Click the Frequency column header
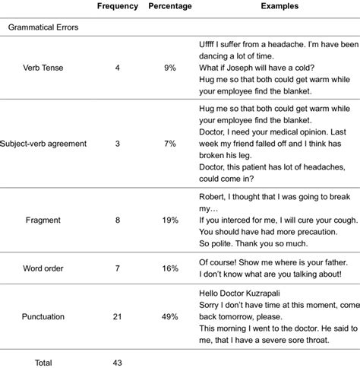click(118, 6)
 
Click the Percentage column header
click(170, 6)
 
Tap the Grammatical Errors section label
click(43, 27)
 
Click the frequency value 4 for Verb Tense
click(118, 67)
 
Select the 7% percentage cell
click(170, 143)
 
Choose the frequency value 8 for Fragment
click(118, 220)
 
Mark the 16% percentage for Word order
click(170, 268)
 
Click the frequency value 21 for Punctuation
click(118, 316)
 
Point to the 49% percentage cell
click(170, 316)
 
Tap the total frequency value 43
click(118, 363)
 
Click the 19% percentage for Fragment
click(170, 220)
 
